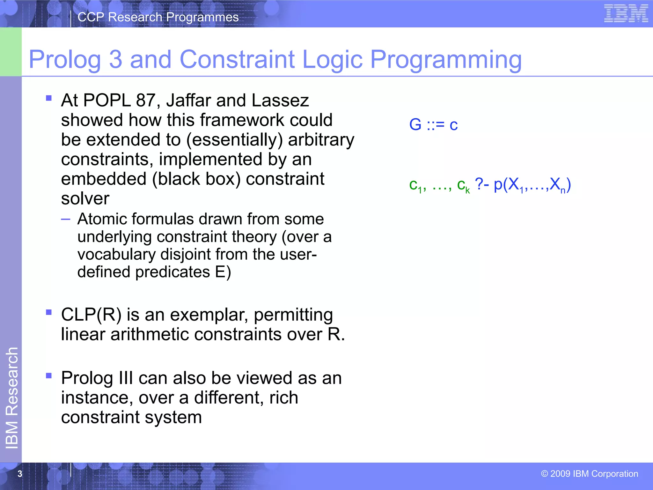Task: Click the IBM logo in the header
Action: pos(626,14)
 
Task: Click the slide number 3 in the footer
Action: pos(20,474)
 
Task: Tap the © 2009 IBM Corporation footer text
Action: pos(589,474)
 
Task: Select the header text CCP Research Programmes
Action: pos(158,17)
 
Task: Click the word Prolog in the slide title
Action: pos(65,60)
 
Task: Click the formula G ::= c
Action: pos(433,124)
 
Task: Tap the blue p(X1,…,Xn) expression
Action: pos(532,185)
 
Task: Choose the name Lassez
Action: pos(280,100)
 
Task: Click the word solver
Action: pos(85,199)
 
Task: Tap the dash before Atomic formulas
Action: pos(65,219)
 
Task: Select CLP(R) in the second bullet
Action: pos(91,315)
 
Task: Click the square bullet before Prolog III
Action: pos(49,375)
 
